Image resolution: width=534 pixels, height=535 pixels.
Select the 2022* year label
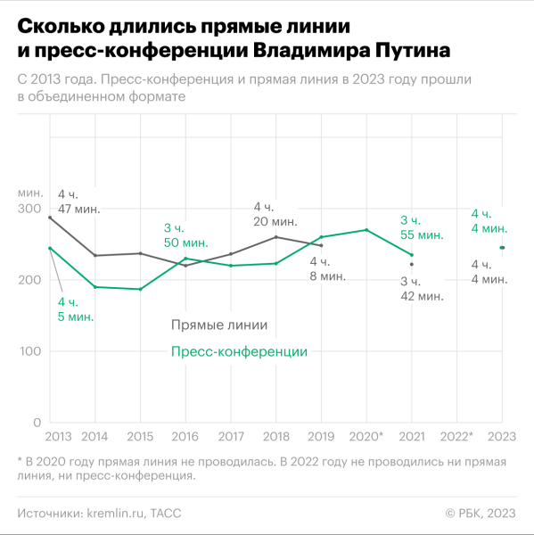(x=456, y=436)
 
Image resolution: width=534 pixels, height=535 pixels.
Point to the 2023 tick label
(x=502, y=436)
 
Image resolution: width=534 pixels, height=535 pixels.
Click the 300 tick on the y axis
(x=29, y=209)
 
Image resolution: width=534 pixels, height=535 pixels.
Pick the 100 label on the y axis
(x=29, y=351)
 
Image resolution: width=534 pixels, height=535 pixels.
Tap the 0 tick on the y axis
(x=37, y=423)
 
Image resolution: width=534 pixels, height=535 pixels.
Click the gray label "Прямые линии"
(x=218, y=325)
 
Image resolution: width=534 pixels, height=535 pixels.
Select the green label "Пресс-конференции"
(x=239, y=352)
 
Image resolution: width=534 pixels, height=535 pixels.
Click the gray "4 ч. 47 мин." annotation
(x=78, y=202)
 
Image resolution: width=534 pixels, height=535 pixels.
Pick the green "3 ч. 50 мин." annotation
(x=185, y=235)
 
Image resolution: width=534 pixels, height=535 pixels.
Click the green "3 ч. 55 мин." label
(x=422, y=226)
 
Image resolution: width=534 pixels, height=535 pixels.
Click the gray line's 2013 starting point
(x=49, y=218)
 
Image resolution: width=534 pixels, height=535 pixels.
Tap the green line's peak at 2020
(x=366, y=230)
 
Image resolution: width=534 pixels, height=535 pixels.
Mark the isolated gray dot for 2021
(x=411, y=264)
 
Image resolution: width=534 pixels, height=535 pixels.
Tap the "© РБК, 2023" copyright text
(x=480, y=512)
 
